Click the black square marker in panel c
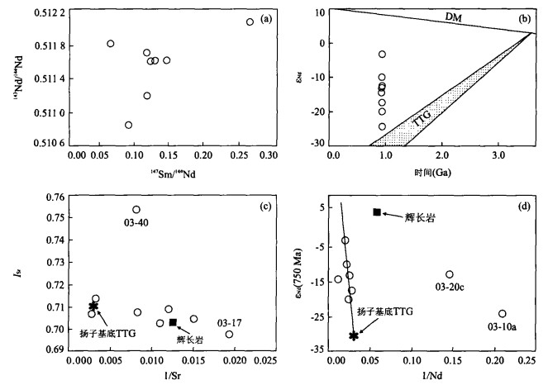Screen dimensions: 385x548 173,322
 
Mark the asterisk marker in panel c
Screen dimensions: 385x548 93,307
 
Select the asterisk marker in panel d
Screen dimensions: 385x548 354,335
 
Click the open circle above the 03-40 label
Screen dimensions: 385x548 136,210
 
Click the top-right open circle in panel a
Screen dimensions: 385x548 250,22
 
